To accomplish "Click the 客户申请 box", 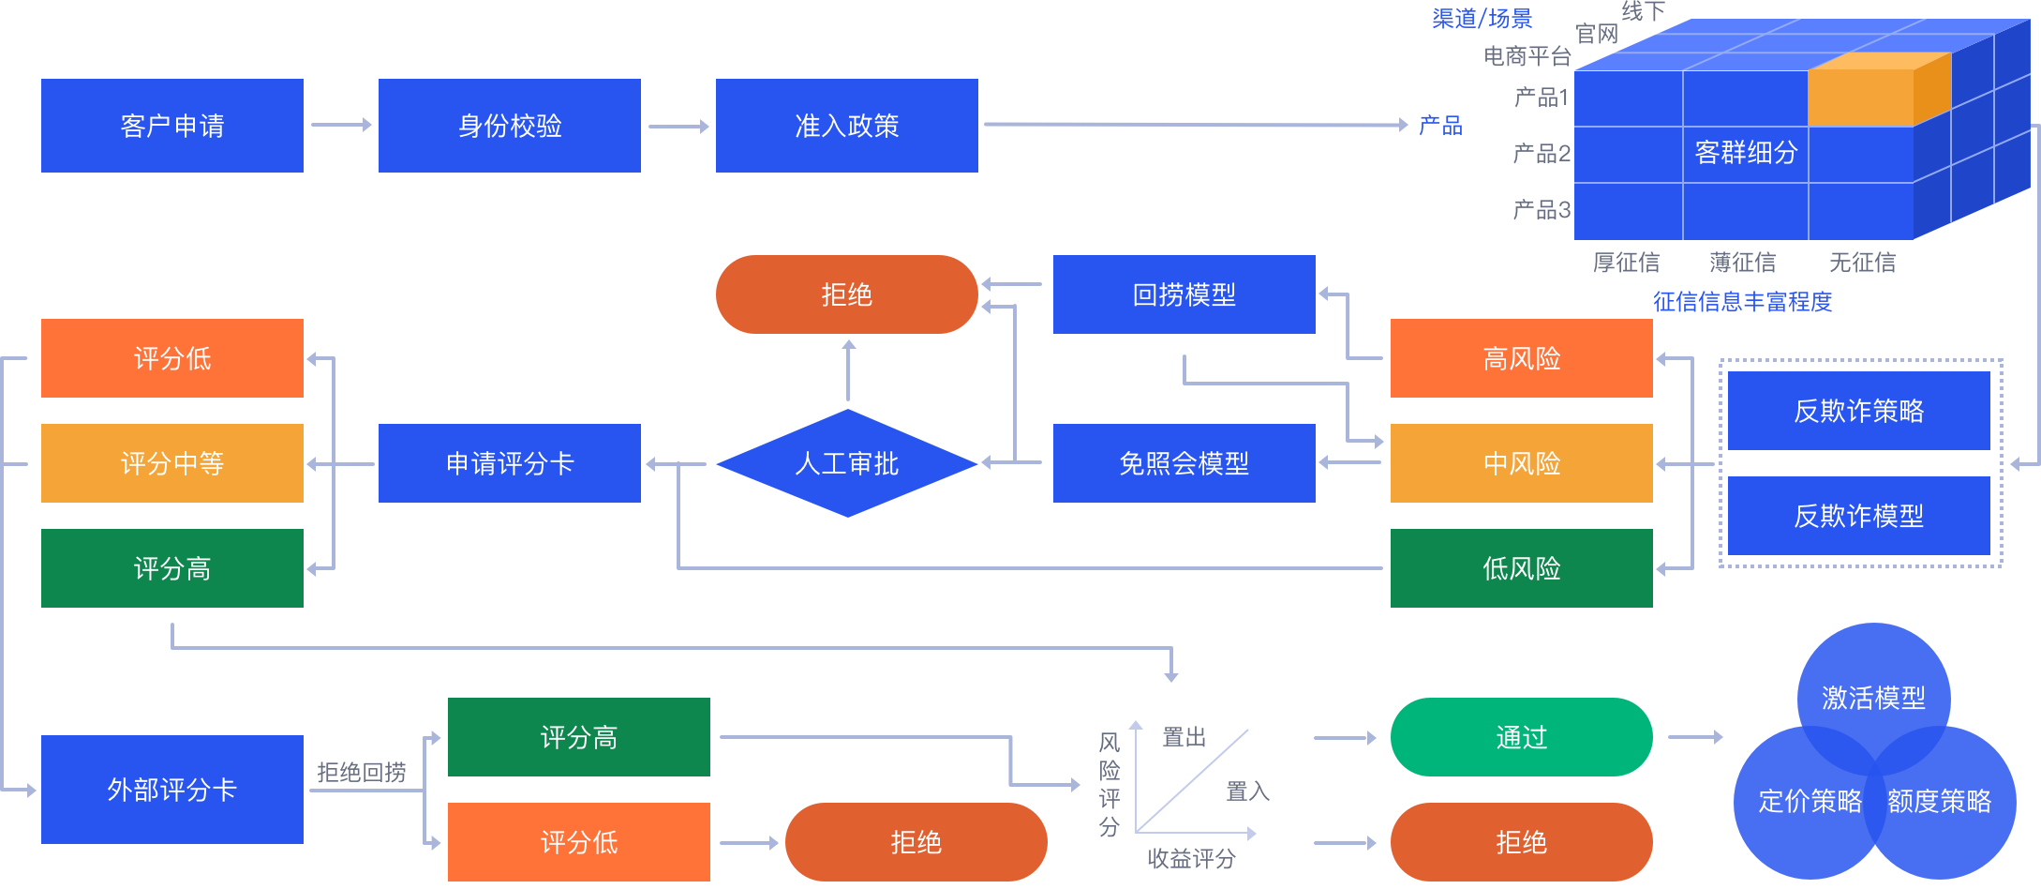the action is tap(172, 126).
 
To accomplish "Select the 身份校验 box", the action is tap(510, 126).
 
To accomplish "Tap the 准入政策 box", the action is tap(847, 126).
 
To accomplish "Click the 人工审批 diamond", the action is tap(847, 463).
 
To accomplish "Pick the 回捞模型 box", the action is tap(1184, 294).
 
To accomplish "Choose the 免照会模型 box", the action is tap(1184, 463).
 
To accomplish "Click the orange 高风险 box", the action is tap(1522, 358).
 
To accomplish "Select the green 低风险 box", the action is tap(1522, 568).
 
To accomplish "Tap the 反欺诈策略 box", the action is tap(1859, 411).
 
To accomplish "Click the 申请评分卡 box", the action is tap(510, 463).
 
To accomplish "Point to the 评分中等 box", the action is tap(172, 463).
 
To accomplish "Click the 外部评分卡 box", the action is tap(172, 790).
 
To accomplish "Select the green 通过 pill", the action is tap(1522, 737).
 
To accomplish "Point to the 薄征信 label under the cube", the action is tap(1743, 263).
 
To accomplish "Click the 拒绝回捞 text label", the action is tap(362, 773).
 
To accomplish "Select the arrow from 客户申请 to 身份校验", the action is tap(341, 125).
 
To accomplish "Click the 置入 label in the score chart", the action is tap(1248, 791).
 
